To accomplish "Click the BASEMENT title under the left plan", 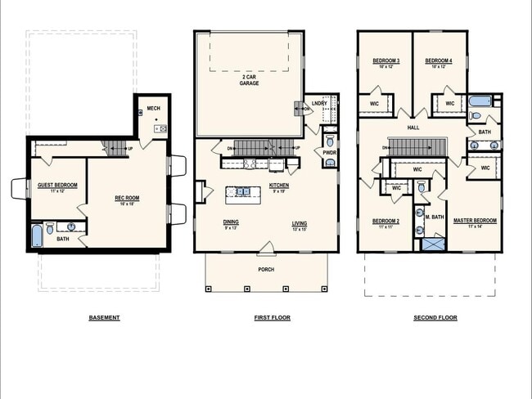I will coord(104,317).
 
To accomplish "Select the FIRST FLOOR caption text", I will coord(272,317).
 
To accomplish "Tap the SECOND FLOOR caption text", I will coord(435,317).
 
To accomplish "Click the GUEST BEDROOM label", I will coord(58,186).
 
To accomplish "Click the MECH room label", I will coord(153,108).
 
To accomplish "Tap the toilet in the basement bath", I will coord(51,228).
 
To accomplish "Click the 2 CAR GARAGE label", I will coord(249,80).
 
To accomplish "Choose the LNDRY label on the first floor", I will coord(319,104).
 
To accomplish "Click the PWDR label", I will coord(329,152).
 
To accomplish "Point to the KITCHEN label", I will coord(278,186).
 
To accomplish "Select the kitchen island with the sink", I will coord(243,192).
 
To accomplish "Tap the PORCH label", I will coord(266,269).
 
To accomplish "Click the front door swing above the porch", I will coord(266,247).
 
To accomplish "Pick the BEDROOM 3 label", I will coord(385,61).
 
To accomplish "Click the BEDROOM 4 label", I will coord(438,61).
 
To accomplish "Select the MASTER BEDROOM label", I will coord(475,221).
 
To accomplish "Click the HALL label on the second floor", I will coord(414,128).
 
